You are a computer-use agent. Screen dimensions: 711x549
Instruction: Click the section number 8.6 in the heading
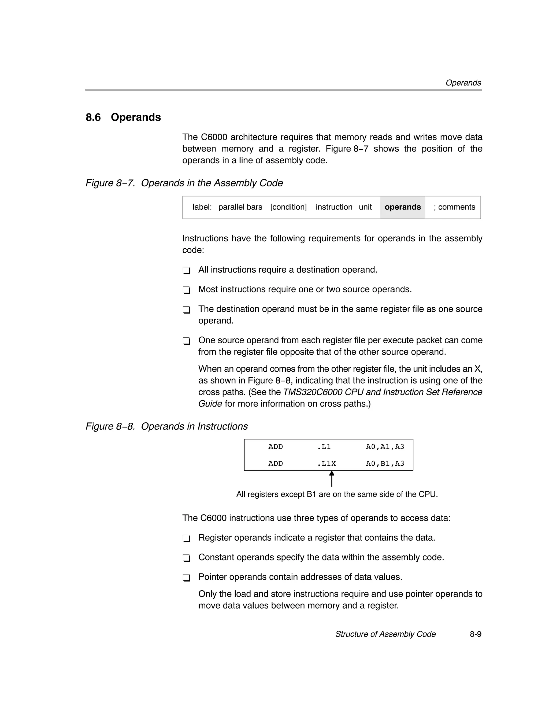click(93, 117)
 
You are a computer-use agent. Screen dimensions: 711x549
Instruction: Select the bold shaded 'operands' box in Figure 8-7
click(403, 207)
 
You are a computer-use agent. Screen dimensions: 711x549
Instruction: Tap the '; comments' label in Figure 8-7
click(454, 207)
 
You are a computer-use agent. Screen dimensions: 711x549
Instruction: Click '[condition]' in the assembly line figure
click(288, 207)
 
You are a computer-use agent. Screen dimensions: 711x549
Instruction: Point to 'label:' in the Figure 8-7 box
click(202, 207)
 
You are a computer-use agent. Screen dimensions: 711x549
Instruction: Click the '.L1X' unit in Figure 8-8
click(327, 463)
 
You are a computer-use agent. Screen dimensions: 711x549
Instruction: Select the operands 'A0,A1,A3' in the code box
click(385, 447)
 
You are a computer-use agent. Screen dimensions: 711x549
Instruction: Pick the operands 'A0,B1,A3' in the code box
click(385, 463)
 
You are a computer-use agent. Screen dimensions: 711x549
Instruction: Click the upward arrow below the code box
click(332, 479)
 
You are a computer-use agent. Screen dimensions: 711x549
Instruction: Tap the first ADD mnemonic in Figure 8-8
click(276, 447)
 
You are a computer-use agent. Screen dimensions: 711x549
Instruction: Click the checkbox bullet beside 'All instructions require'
click(187, 271)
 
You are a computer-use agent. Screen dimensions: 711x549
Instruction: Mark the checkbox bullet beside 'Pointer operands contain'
click(187, 578)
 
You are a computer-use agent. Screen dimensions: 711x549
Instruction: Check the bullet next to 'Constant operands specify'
click(187, 558)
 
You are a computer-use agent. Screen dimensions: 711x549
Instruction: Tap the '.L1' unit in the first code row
click(324, 447)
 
